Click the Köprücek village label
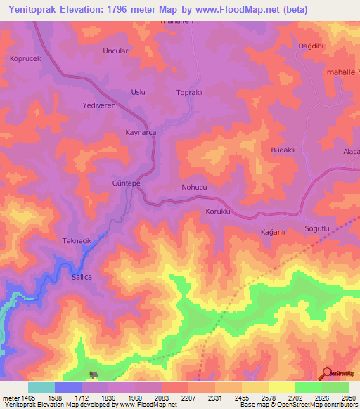pyautogui.click(x=27, y=58)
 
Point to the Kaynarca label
pyautogui.click(x=140, y=132)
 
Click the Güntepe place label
pyautogui.click(x=127, y=183)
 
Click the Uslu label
pyautogui.click(x=138, y=93)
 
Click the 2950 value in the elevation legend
pyautogui.click(x=349, y=397)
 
